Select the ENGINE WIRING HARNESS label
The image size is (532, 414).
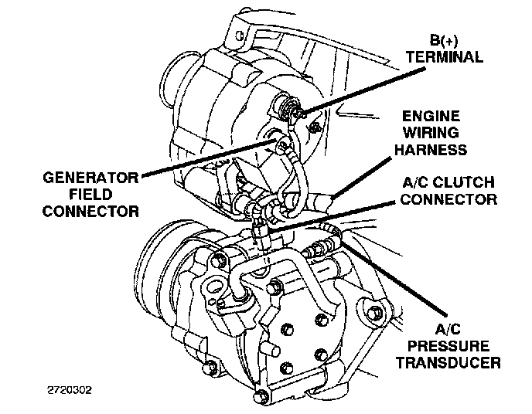[442, 132]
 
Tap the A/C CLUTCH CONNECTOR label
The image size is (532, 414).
[449, 191]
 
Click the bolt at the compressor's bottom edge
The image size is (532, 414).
[263, 397]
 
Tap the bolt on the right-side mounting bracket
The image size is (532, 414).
[377, 313]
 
